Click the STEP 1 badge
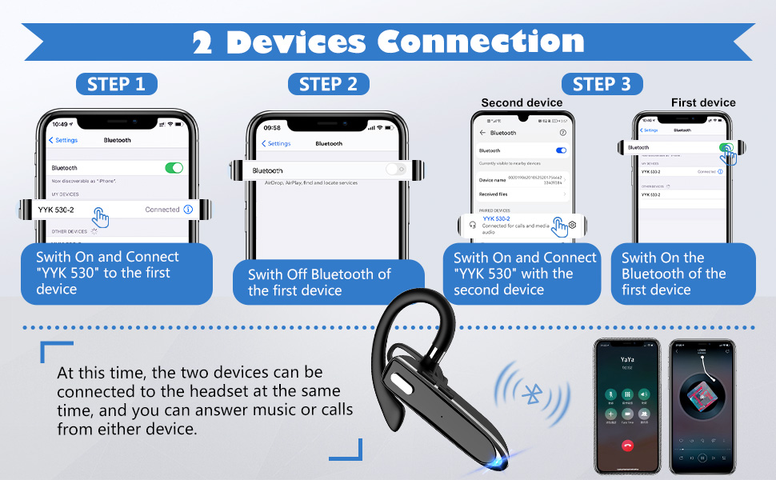click(117, 84)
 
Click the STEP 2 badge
click(328, 84)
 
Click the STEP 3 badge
click(602, 84)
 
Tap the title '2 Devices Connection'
click(388, 41)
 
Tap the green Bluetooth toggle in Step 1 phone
click(174, 168)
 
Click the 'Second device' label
click(522, 102)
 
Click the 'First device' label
click(703, 102)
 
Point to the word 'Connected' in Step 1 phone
click(162, 210)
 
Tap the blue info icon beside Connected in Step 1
click(188, 210)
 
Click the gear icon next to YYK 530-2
click(572, 226)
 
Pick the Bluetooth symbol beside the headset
click(531, 393)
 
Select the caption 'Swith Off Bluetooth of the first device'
click(318, 282)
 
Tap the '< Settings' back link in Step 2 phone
click(277, 144)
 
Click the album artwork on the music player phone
click(702, 397)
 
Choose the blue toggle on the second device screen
click(561, 150)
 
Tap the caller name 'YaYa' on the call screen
click(627, 360)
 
